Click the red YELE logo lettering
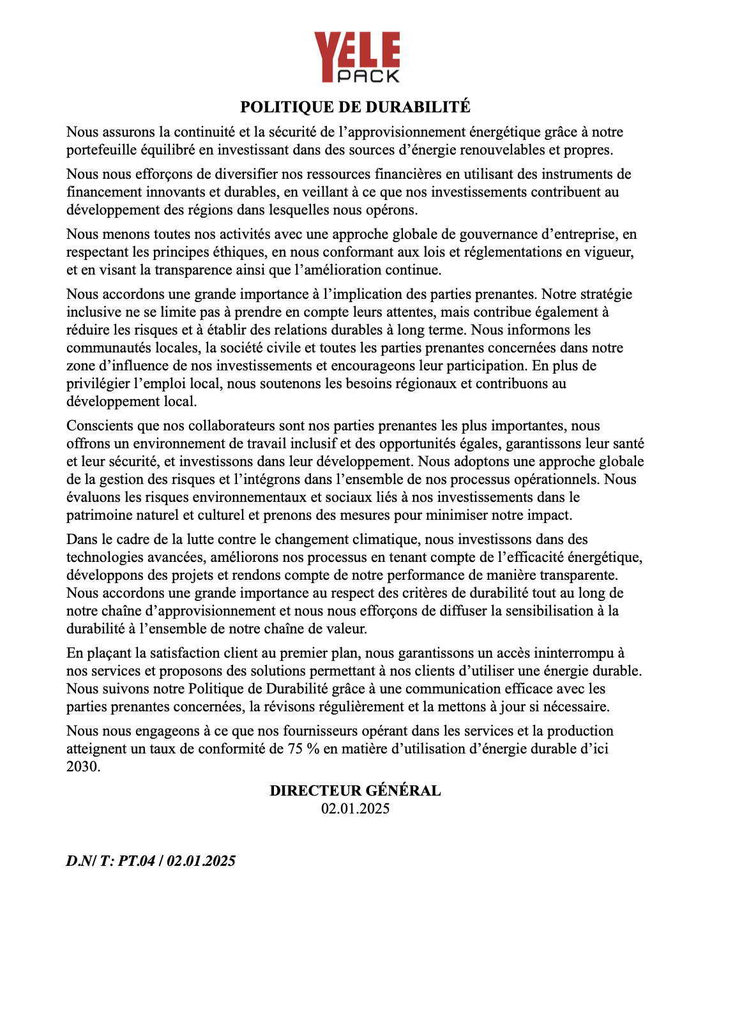coord(356,50)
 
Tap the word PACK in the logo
coord(368,76)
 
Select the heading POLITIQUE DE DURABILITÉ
coord(355,107)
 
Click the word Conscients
coord(97,426)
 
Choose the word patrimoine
coord(98,515)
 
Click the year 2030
coord(82,767)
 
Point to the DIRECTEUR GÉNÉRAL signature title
coord(355,791)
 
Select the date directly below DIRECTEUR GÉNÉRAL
coord(355,809)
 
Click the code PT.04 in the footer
coord(137,861)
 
